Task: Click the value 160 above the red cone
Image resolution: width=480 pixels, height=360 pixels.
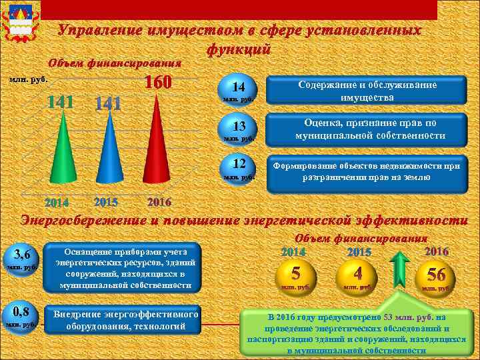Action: point(159,82)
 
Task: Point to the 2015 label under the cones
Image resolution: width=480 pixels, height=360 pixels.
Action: point(107,201)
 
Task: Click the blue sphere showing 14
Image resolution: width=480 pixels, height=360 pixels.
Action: point(239,91)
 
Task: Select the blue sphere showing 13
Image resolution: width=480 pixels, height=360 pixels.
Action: point(239,129)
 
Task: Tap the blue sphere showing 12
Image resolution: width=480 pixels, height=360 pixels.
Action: point(239,167)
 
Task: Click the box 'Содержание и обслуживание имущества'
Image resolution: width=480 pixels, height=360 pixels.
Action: point(367,91)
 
